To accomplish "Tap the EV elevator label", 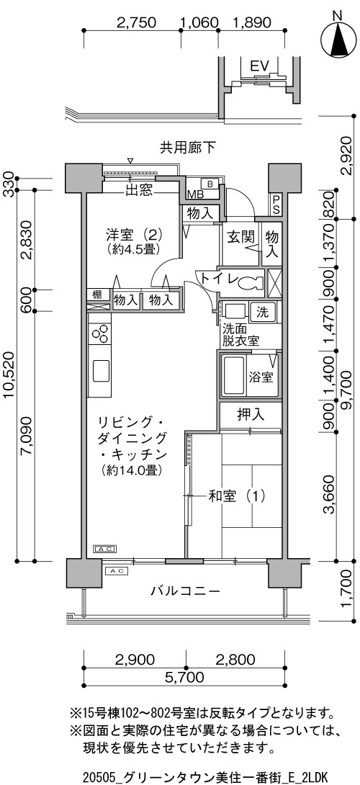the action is click(260, 66).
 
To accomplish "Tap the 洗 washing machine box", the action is click(262, 313).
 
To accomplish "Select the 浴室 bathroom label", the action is click(261, 377).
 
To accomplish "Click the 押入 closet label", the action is click(251, 415).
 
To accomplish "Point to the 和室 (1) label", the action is click(236, 497).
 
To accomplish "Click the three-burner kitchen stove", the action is click(99, 334).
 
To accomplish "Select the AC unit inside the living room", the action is click(105, 549).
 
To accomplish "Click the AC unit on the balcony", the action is click(116, 570).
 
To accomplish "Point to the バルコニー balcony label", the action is click(186, 591).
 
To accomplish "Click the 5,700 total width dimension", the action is click(184, 678).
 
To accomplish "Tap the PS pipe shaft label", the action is click(276, 205).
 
